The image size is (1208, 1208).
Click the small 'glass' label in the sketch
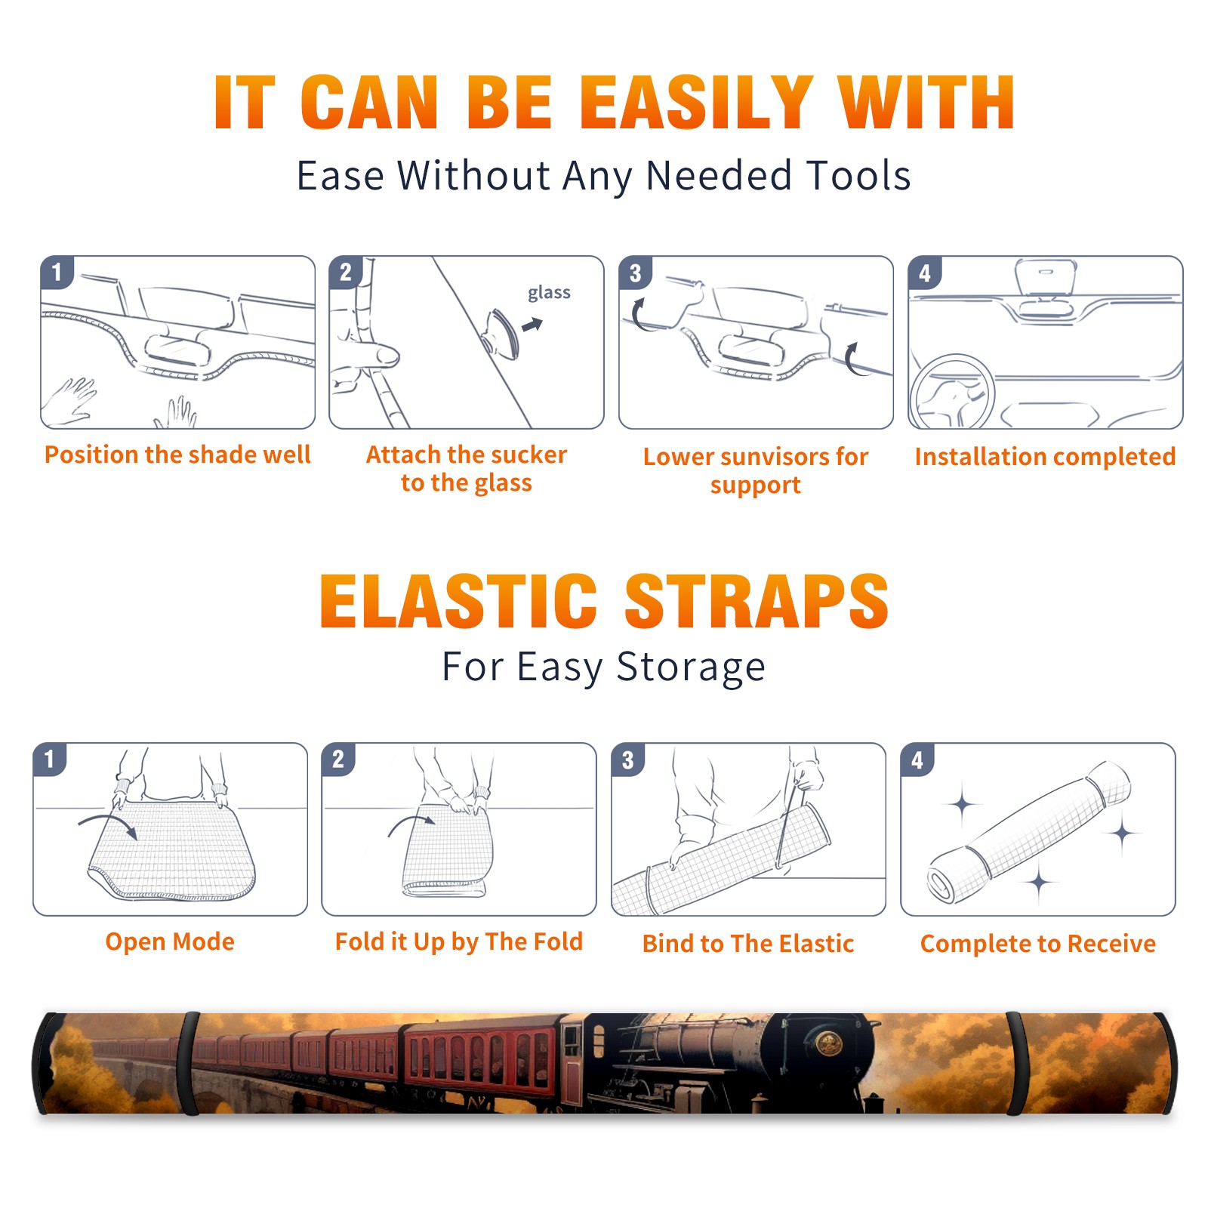point(549,292)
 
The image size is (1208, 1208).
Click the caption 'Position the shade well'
point(177,455)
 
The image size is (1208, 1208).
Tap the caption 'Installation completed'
point(1045,456)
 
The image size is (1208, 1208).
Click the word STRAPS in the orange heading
point(757,601)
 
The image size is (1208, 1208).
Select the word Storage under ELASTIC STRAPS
point(691,667)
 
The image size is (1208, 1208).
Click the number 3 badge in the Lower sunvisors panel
point(635,273)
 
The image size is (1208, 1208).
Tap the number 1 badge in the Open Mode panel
point(50,759)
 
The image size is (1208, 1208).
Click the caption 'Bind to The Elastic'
point(747,944)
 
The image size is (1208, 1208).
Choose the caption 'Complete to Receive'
point(1037,944)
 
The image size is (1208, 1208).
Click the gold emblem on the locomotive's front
point(829,1045)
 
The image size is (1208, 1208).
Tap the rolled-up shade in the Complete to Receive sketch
point(1029,833)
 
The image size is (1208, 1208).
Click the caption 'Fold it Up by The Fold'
point(459,941)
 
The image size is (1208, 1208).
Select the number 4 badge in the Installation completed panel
point(925,273)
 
